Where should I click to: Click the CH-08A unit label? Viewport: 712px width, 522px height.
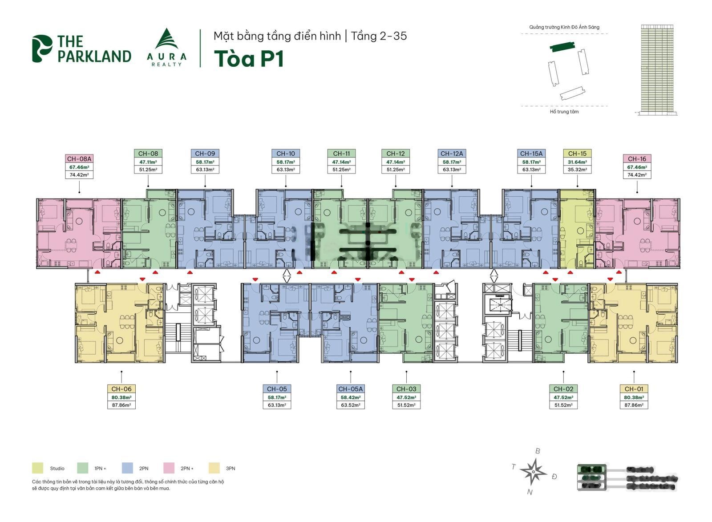79,159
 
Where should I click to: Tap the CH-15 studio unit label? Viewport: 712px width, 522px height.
577,154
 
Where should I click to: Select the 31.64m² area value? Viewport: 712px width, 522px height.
577,162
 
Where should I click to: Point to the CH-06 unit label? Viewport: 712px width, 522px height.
121,389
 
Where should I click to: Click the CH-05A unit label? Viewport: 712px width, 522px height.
351,389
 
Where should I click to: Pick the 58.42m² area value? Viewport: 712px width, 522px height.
351,397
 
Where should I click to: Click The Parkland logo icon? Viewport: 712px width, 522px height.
42,49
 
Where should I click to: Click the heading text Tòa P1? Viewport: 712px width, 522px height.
249,59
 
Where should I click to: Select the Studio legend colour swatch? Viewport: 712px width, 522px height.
38,468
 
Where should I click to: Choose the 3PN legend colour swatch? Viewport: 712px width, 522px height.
214,468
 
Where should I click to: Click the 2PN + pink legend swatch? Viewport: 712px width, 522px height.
169,468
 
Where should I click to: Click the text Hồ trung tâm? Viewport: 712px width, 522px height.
564,112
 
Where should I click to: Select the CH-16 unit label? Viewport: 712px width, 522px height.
637,159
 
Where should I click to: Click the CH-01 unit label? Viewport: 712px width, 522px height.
634,389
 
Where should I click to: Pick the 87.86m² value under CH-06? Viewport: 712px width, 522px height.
121,405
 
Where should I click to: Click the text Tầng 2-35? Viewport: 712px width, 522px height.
379,36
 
